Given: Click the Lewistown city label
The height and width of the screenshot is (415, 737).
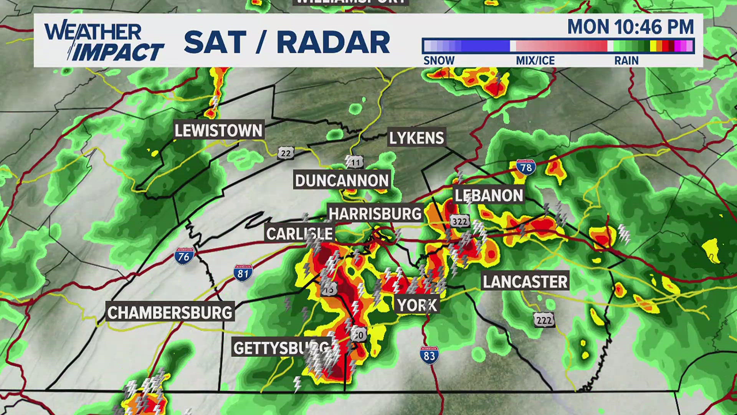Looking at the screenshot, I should click(218, 131).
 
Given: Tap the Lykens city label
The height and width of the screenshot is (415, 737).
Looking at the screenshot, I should click(416, 138).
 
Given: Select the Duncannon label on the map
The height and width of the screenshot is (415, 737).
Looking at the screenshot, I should click(342, 180).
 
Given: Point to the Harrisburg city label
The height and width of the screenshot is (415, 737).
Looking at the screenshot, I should click(375, 214).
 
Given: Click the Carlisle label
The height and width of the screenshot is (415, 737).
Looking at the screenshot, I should click(299, 234).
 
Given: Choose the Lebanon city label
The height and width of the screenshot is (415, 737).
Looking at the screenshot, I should click(489, 196).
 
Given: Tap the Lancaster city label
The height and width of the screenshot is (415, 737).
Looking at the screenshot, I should click(525, 282).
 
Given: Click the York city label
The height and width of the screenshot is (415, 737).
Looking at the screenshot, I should click(417, 305).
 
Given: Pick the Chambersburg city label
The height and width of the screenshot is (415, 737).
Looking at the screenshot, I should click(170, 312).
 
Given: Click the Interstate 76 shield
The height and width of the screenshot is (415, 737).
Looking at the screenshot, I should click(184, 256).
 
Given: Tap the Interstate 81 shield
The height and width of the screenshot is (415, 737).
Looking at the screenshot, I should click(243, 272).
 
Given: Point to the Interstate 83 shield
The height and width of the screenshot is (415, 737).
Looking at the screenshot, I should click(429, 355).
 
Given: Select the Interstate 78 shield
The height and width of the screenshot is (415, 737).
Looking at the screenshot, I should click(526, 167).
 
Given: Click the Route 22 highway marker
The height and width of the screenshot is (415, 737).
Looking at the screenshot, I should click(286, 153).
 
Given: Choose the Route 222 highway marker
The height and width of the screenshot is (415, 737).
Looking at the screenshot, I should click(544, 320).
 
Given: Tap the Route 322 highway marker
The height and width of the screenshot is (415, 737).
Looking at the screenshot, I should click(460, 221).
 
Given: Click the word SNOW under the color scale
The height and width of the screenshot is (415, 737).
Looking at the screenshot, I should click(439, 61).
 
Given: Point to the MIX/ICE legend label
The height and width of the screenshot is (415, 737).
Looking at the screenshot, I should click(535, 61).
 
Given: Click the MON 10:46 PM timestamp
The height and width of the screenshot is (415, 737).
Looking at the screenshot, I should click(631, 27).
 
